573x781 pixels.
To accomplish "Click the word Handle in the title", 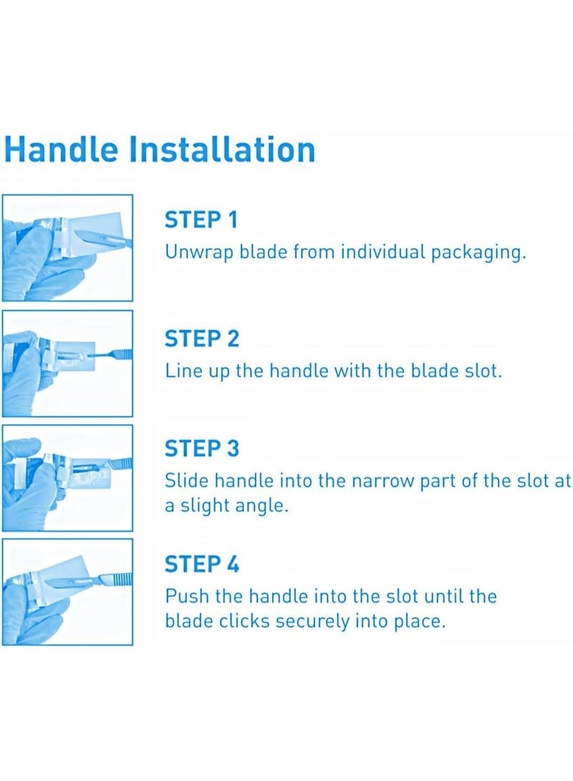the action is coord(61,149).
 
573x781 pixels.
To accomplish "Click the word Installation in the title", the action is coord(222,149).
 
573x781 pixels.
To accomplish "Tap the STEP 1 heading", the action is coord(201,220).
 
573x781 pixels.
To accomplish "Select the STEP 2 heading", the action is coord(201,338).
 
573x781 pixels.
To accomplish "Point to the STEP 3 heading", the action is coord(201,449).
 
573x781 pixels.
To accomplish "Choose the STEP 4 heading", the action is coord(201,564).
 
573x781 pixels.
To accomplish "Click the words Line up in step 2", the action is coord(197,372).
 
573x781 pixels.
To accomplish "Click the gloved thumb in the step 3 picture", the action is coord(23,446).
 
